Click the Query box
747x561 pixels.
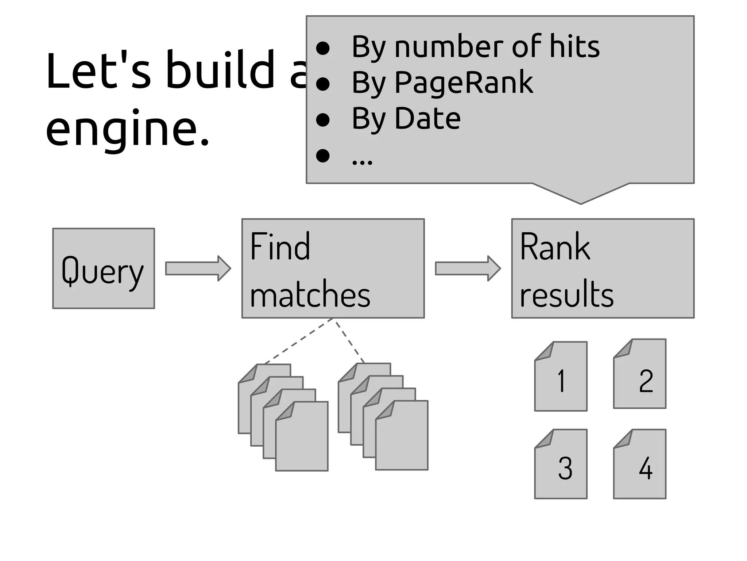104,268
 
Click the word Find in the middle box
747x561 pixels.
280,247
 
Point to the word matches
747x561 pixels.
310,295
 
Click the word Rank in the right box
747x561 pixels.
555,247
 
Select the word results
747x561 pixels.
566,295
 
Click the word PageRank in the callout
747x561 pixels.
464,83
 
